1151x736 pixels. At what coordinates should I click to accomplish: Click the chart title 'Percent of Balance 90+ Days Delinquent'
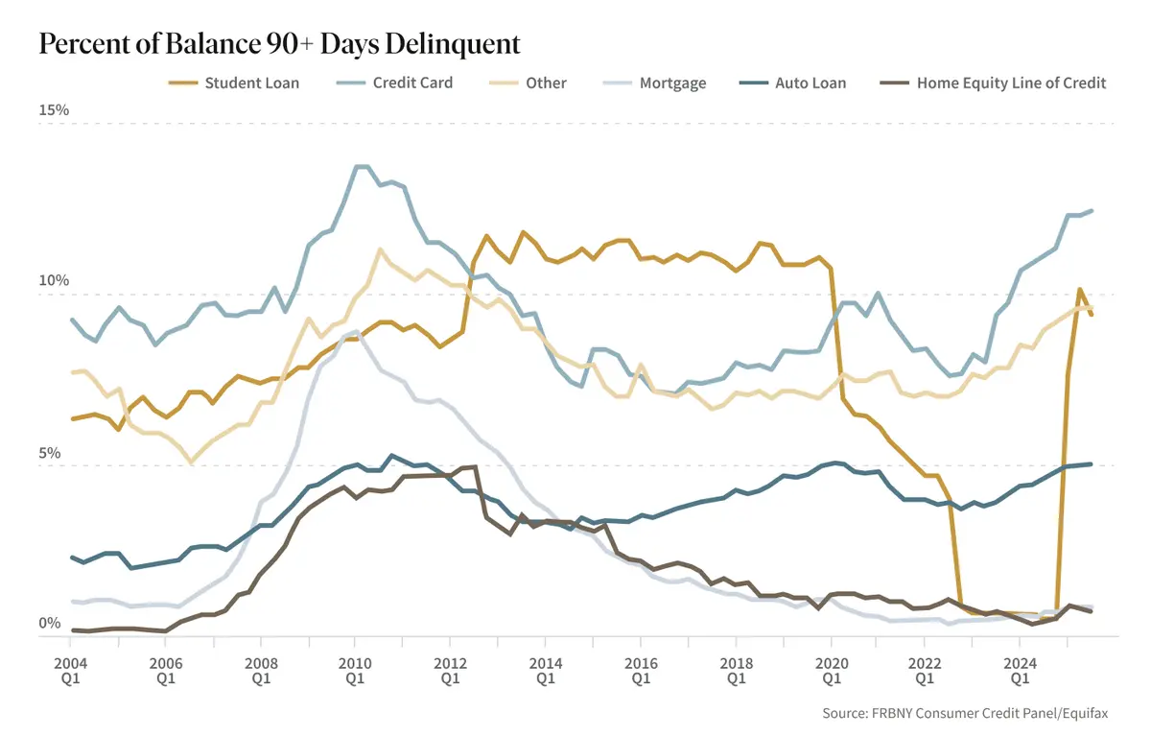279,43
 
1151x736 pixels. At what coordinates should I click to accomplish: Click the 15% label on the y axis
54,110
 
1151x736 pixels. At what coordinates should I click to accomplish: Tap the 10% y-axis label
54,281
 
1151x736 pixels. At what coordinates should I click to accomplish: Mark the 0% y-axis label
50,624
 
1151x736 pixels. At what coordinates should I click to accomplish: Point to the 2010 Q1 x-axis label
355,669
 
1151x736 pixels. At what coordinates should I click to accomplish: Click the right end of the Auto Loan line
1092,464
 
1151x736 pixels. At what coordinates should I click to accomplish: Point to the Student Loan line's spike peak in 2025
1080,289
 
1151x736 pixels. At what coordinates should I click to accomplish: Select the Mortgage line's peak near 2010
356,332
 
